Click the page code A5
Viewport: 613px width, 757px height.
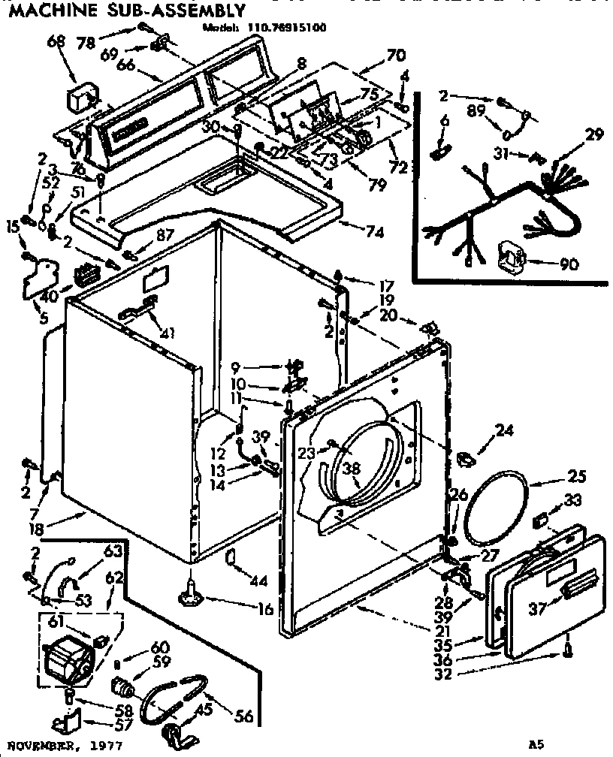[536, 745]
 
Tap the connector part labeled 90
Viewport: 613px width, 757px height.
[512, 259]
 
